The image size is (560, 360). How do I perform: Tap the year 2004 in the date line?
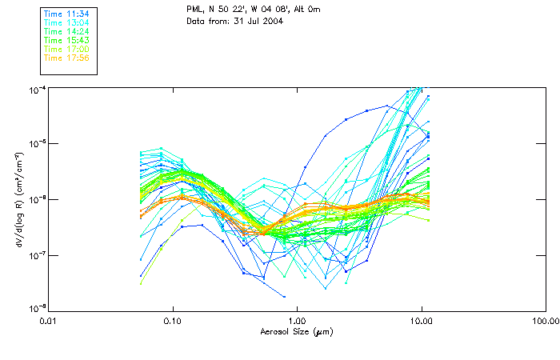(x=272, y=21)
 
